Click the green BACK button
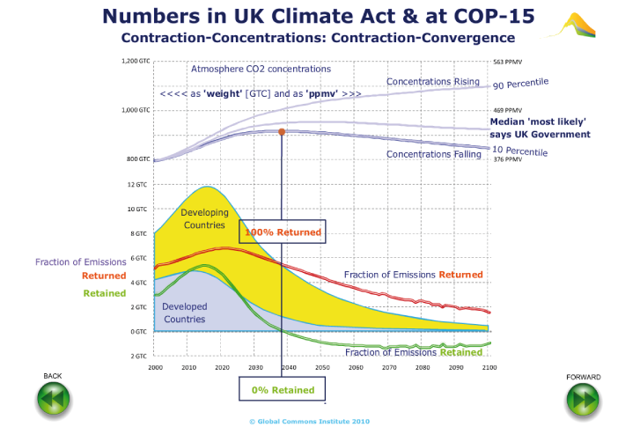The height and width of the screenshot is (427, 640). (53, 399)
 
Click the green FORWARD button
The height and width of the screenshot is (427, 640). (584, 399)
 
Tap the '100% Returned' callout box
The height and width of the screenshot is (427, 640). (283, 232)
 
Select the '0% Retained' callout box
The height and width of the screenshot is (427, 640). (282, 389)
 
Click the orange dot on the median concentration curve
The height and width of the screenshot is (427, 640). (282, 132)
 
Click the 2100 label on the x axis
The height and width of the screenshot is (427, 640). (489, 366)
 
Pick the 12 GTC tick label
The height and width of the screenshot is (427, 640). (137, 185)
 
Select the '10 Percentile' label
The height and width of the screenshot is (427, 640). (520, 151)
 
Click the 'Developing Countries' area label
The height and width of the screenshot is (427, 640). (204, 218)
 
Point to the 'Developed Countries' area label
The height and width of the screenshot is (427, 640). (185, 313)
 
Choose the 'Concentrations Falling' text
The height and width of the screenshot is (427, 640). (434, 155)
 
